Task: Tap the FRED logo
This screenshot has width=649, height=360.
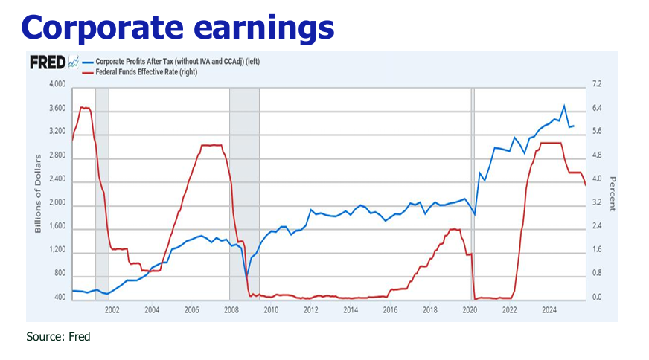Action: pos(48,62)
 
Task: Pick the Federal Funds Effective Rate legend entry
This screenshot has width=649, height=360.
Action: pos(142,72)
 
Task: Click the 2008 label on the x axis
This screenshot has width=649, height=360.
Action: pos(230,310)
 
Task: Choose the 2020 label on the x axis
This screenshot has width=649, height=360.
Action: pos(470,310)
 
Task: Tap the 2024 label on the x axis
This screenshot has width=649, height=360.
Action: pos(549,310)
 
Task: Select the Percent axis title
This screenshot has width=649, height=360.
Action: pos(613,192)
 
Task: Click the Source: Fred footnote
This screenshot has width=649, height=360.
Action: pos(58,337)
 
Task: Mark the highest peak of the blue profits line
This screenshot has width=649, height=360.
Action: pos(563,106)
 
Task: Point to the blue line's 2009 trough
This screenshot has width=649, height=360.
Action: pos(247,278)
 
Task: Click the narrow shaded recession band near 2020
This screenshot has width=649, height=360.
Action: pos(473,193)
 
